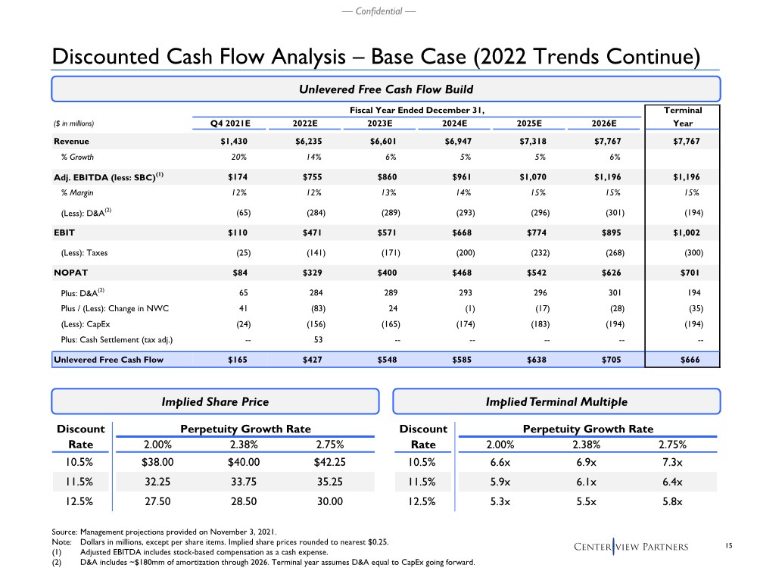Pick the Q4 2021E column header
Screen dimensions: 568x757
231,124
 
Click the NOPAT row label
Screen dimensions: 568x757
70,272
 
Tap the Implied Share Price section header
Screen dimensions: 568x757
216,401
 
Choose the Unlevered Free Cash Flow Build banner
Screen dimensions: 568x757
385,90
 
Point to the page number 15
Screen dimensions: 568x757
729,546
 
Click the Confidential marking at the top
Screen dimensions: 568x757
378,11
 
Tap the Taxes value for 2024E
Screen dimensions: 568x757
460,252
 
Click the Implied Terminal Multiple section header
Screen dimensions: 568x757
556,401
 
